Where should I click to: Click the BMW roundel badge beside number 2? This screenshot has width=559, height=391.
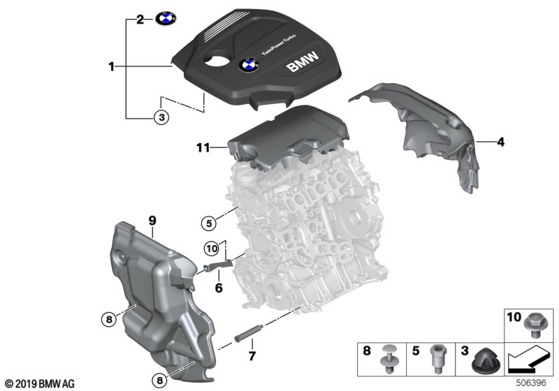point(166,19)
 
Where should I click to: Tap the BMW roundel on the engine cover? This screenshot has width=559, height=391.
point(249,65)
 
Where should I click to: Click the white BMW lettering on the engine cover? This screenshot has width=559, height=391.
point(303,62)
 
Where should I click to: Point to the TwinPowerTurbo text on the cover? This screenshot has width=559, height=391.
point(279,45)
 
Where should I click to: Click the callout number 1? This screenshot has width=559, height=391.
point(112,66)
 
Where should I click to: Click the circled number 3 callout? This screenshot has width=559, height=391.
point(161,117)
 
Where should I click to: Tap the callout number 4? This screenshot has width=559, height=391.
point(500,142)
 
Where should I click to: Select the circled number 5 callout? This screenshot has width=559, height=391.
point(209,223)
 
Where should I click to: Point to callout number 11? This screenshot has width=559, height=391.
point(203,147)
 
